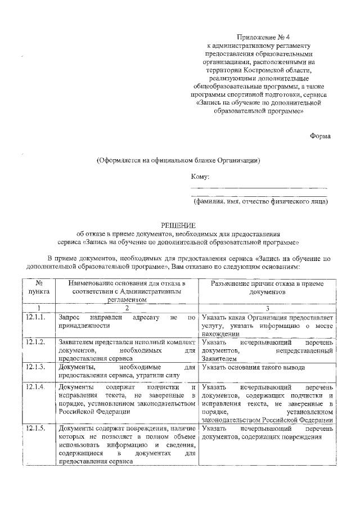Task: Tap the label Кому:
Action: pyautogui.click(x=200, y=176)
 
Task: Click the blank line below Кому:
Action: pyautogui.click(x=259, y=188)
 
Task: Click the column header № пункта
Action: pyautogui.click(x=39, y=288)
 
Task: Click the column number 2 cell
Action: pyautogui.click(x=127, y=308)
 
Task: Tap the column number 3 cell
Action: pyautogui.click(x=267, y=308)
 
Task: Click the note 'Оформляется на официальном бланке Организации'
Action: pyautogui.click(x=178, y=160)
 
